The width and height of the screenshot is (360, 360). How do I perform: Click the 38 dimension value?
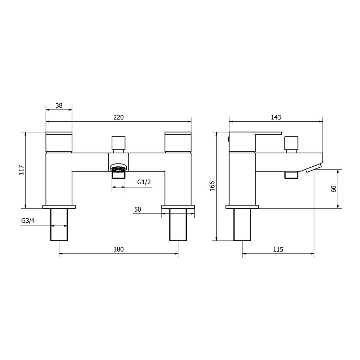pyautogui.click(x=59, y=105)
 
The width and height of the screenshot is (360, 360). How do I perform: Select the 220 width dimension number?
pyautogui.click(x=119, y=117)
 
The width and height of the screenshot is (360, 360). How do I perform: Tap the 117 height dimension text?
pyautogui.click(x=21, y=170)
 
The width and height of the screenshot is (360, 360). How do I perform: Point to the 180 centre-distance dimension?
pyautogui.click(x=119, y=249)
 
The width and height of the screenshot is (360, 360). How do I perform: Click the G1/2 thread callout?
pyautogui.click(x=144, y=182)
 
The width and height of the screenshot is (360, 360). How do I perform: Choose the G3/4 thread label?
pyautogui.click(x=28, y=221)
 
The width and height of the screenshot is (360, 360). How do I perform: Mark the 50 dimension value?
pyautogui.click(x=138, y=209)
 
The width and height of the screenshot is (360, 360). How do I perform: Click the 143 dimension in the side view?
pyautogui.click(x=276, y=117)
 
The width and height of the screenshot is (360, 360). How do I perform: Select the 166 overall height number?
pyautogui.click(x=212, y=186)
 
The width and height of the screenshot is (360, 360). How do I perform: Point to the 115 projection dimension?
pyautogui.click(x=278, y=249)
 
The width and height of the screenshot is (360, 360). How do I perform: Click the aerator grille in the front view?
pyautogui.click(x=118, y=168)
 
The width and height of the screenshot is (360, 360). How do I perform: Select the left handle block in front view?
pyautogui.click(x=59, y=142)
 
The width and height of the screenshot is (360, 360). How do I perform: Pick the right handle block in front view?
pyautogui.click(x=178, y=142)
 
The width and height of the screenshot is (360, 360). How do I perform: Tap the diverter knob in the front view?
pyautogui.click(x=118, y=143)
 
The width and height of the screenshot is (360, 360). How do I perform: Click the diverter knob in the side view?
pyautogui.click(x=291, y=143)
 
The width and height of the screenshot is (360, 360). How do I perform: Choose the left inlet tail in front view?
pyautogui.click(x=59, y=224)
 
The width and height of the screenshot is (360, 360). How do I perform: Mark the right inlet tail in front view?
pyautogui.click(x=178, y=224)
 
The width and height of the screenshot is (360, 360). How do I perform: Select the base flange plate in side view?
pyautogui.click(x=242, y=207)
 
